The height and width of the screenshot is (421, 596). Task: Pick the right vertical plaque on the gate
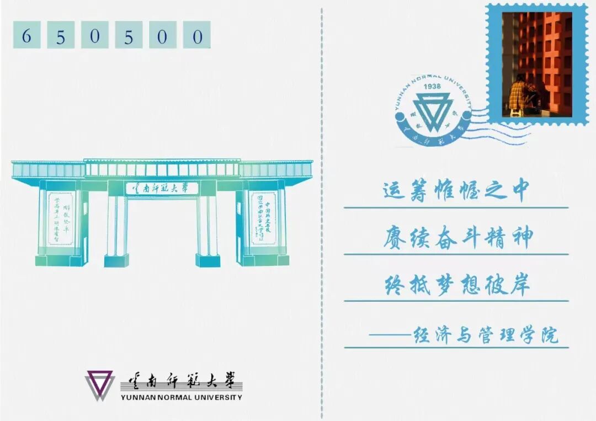coord(263,219)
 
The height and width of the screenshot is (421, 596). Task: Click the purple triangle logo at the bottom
coord(99,385)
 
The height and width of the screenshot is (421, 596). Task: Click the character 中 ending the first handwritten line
coord(517,190)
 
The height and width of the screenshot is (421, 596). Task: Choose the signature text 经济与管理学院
coord(486,335)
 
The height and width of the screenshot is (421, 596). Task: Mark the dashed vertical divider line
coord(322,210)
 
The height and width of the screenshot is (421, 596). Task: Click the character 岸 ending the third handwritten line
coord(519,286)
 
